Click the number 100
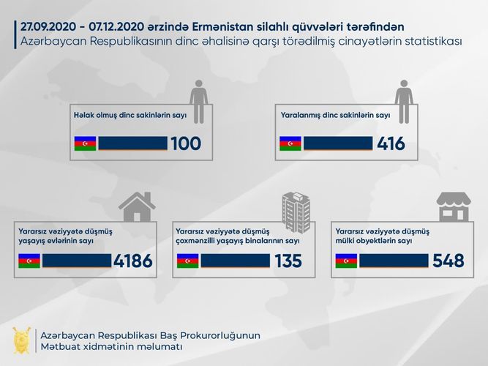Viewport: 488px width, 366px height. coord(185,143)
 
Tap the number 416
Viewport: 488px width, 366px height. coord(391,143)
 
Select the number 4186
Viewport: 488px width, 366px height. coord(133,261)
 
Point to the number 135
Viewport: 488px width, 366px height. coord(288,261)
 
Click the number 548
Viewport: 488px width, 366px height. coord(448,261)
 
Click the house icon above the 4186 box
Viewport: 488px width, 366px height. coord(137,206)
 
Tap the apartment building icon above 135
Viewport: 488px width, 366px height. coord(296,209)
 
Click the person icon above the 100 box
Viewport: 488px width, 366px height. coord(198,96)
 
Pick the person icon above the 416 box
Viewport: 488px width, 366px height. coord(404,96)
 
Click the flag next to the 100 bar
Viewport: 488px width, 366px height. coord(85,143)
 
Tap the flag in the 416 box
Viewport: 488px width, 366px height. coord(290,143)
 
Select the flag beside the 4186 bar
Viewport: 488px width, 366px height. coord(29,261)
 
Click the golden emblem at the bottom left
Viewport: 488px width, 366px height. coord(21,340)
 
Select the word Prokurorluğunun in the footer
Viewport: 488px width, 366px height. coord(218,335)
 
